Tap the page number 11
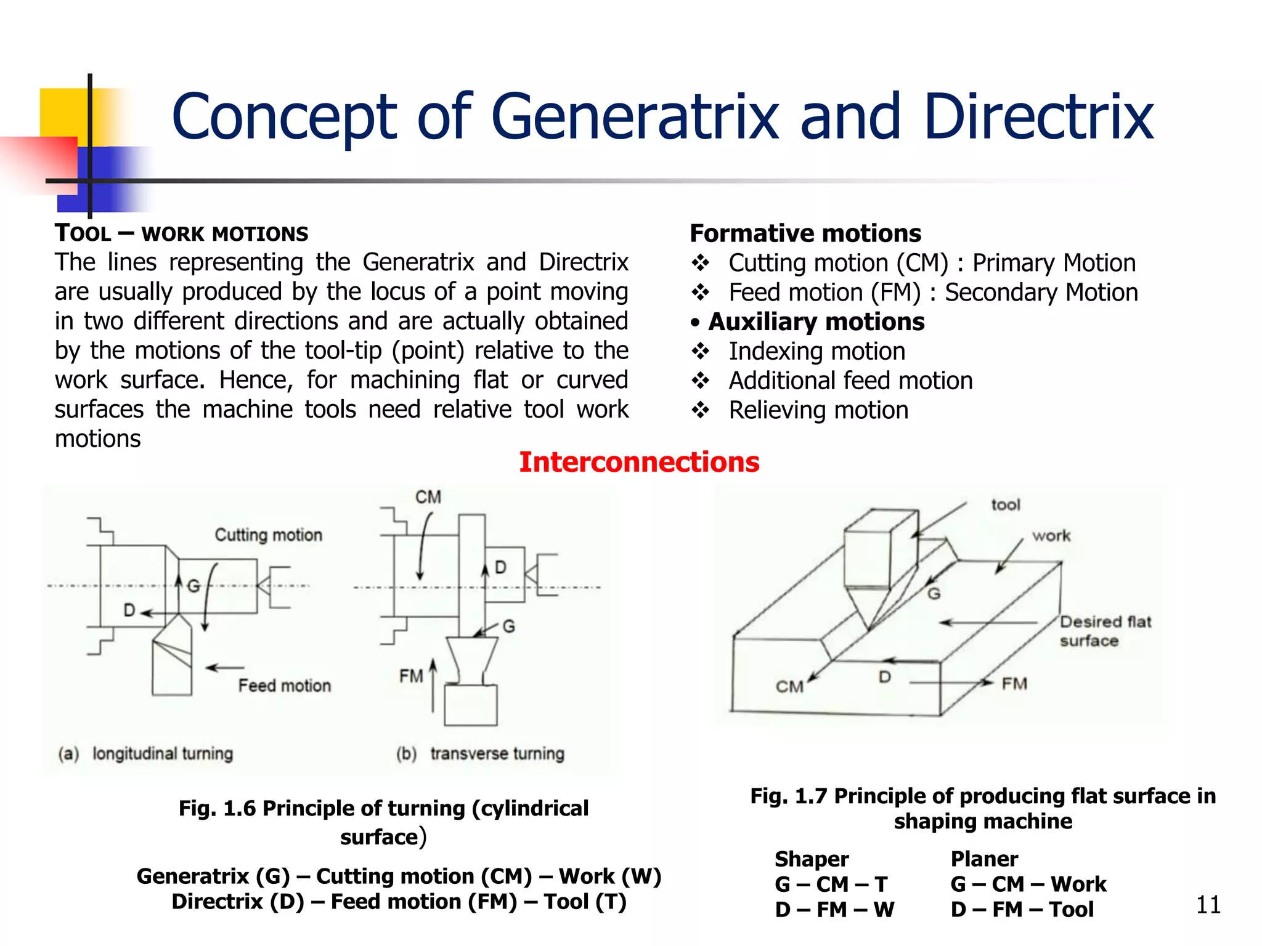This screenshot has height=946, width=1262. pyautogui.click(x=1208, y=905)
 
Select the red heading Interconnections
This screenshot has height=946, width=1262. pyautogui.click(x=639, y=462)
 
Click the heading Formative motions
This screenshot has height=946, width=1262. pyautogui.click(x=805, y=233)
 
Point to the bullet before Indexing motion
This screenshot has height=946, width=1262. pyautogui.click(x=700, y=351)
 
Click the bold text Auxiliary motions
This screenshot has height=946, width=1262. pyautogui.click(x=816, y=322)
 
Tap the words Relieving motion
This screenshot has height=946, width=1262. pyautogui.click(x=818, y=410)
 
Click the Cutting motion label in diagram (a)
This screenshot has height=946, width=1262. pyautogui.click(x=268, y=535)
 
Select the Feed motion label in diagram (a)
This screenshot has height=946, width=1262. pyautogui.click(x=284, y=685)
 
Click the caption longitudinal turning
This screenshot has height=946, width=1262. pyautogui.click(x=163, y=753)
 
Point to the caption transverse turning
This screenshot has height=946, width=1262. pyautogui.click(x=497, y=753)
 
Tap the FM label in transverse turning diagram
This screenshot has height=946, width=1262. pyautogui.click(x=411, y=676)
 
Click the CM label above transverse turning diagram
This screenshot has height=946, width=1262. pyautogui.click(x=428, y=497)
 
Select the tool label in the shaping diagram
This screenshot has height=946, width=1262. pyautogui.click(x=1006, y=505)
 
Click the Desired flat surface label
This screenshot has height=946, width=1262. pyautogui.click(x=1105, y=631)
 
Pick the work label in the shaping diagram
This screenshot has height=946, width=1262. pyautogui.click(x=1051, y=536)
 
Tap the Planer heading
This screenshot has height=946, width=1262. pyautogui.click(x=984, y=859)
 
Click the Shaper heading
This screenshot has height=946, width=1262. pyautogui.click(x=812, y=859)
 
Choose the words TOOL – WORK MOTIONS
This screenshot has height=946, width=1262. pyautogui.click(x=181, y=233)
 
